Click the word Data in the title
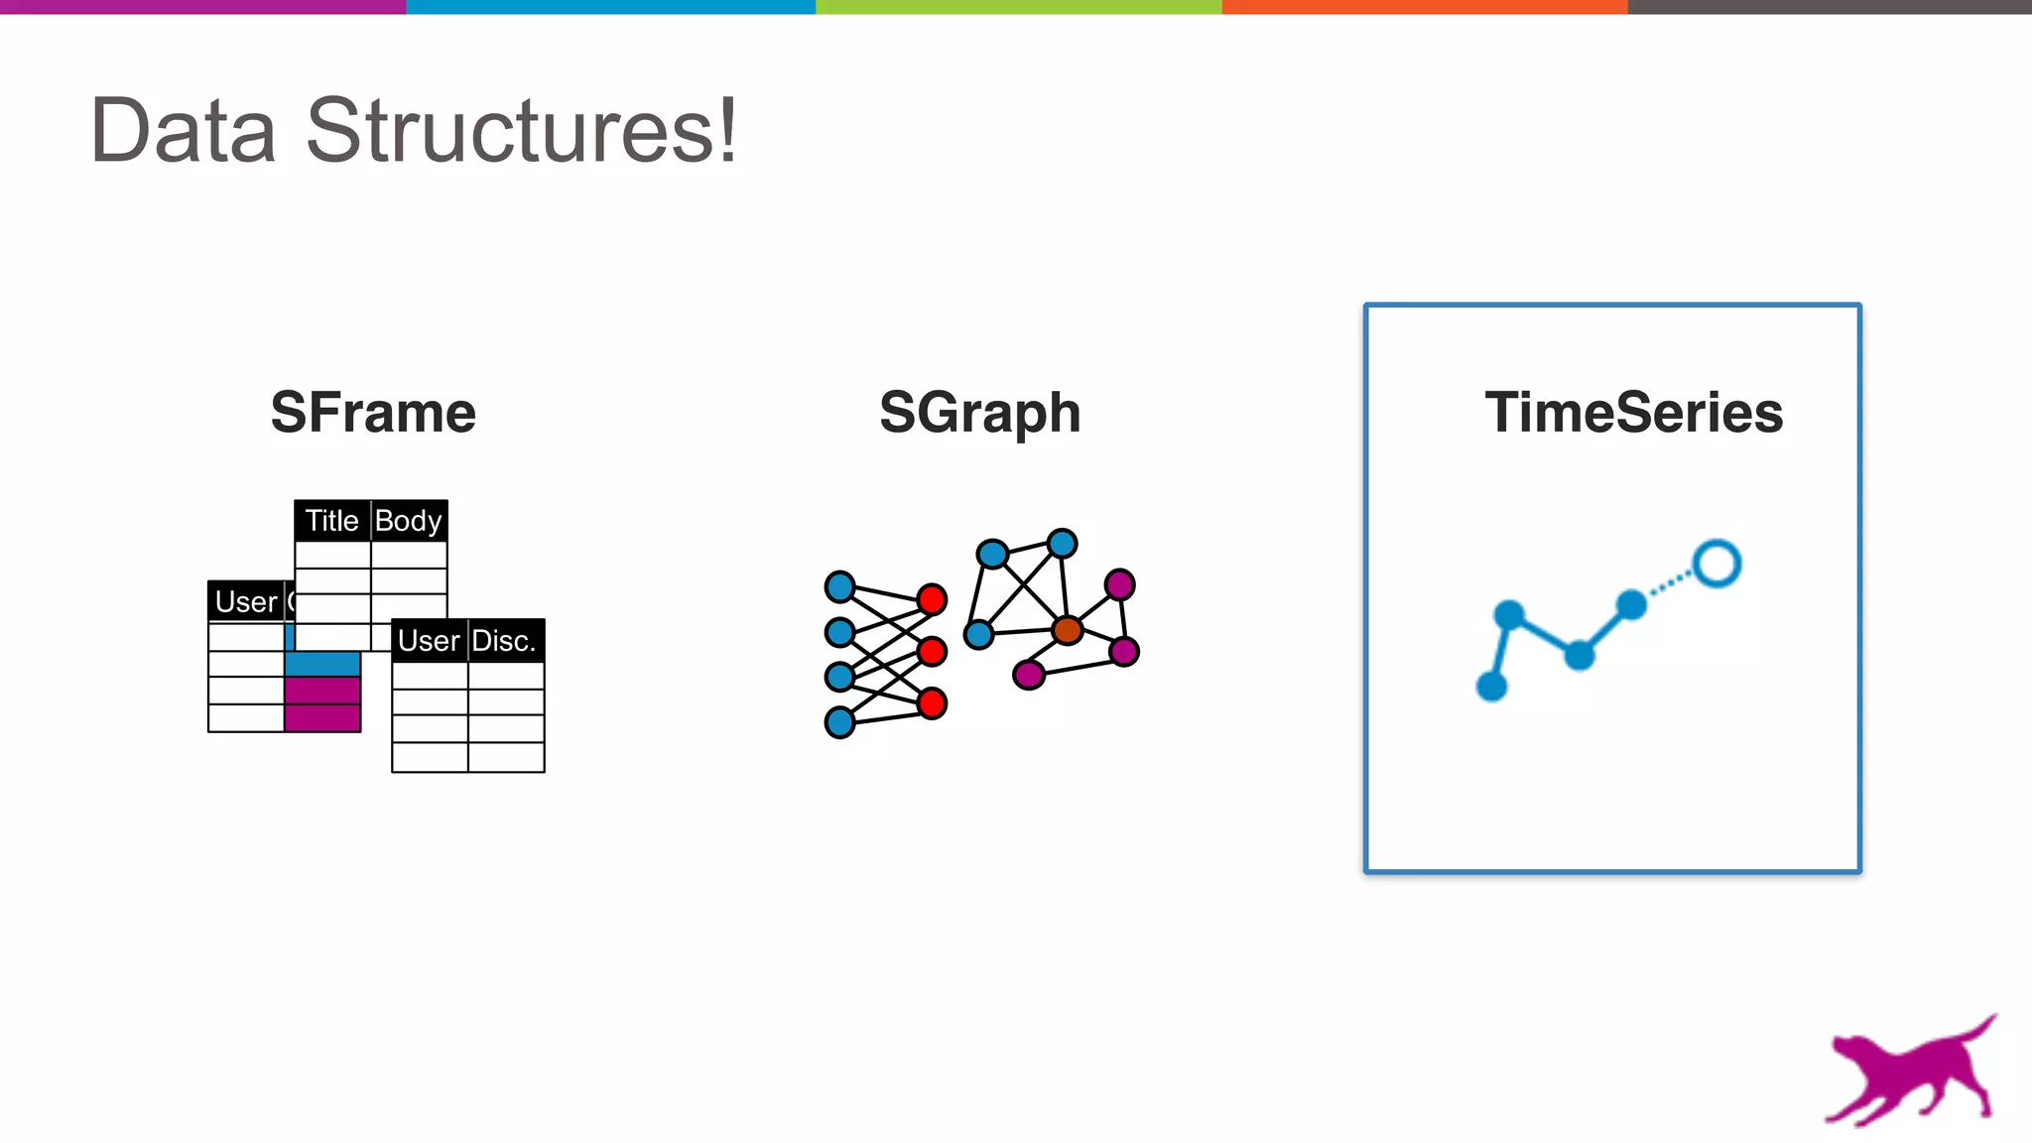[184, 131]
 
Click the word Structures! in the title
[522, 131]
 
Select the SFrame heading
[373, 413]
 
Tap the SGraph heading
[979, 413]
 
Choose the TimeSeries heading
[1633, 413]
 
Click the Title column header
[331, 521]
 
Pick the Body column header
[408, 521]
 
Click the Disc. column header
[504, 641]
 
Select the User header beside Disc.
[429, 641]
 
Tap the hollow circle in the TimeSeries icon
[1716, 564]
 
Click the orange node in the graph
[1067, 629]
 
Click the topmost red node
[932, 599]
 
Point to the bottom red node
[932, 703]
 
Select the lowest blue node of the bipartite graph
[839, 721]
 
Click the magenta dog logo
[1910, 1072]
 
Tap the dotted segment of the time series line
[1673, 583]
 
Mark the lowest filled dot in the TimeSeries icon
[1491, 686]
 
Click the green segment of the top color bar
[1018, 6]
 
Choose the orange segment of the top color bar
[1425, 6]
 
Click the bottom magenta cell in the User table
[322, 717]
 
